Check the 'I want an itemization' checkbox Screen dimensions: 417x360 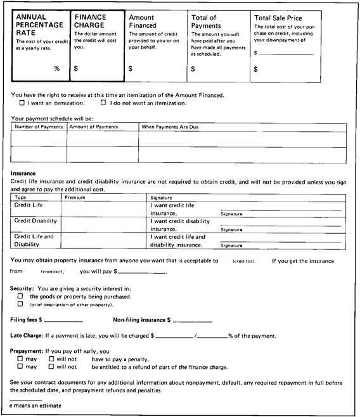pos(22,103)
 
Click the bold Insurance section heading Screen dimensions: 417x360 pos(23,173)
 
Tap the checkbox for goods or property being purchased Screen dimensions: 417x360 pos(21,296)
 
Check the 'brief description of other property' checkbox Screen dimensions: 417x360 pos(21,304)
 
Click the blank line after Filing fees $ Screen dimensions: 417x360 pos(63,320)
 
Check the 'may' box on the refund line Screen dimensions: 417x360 pos(21,366)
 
